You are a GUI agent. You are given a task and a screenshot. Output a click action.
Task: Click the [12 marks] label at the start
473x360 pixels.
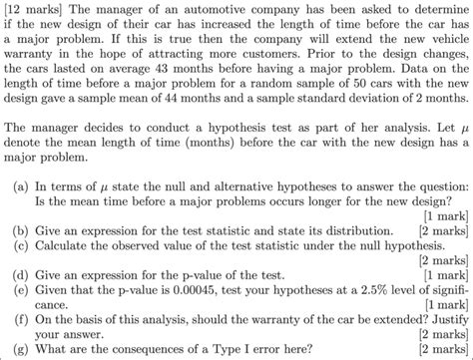[34, 9]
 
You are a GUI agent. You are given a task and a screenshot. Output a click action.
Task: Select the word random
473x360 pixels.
[255, 93]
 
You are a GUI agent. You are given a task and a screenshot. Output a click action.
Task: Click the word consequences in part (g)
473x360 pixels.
[143, 352]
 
